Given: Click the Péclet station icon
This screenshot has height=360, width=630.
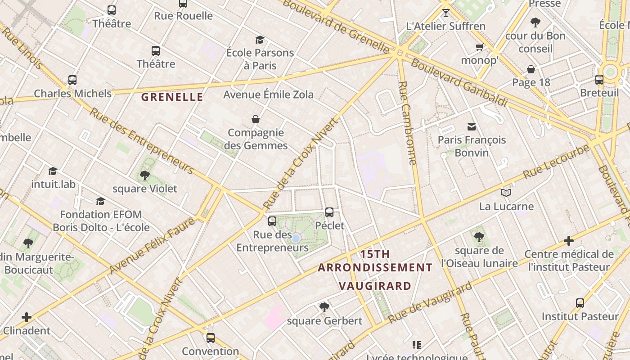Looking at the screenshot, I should click(329, 212).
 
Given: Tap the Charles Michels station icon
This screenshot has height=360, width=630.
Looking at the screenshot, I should click(72, 80).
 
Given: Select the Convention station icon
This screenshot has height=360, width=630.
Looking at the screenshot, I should click(211, 337).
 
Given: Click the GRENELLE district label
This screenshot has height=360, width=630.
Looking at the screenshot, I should click(172, 97).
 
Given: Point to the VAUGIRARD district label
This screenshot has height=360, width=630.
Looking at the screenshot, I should click(375, 286).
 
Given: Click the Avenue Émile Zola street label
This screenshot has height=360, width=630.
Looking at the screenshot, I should click(268, 94).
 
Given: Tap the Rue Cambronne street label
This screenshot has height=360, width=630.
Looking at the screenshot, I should click(407, 123).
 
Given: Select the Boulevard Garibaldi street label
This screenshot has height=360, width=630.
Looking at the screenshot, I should click(459, 83).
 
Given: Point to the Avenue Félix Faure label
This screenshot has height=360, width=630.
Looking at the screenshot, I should click(153, 245).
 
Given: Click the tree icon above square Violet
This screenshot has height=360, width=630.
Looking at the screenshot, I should click(144, 175).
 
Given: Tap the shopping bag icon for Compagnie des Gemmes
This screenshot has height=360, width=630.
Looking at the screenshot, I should click(256, 119).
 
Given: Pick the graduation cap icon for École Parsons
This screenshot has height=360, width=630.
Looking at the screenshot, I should click(260, 40).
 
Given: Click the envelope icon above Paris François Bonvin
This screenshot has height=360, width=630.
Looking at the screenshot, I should click(472, 127).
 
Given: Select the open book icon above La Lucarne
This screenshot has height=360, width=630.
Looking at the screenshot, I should click(506, 193).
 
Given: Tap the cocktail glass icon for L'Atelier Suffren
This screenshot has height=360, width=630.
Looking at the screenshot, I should click(445, 13).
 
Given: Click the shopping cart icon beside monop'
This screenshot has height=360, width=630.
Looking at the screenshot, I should click(480, 47).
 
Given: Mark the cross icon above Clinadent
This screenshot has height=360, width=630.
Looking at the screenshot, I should click(27, 317).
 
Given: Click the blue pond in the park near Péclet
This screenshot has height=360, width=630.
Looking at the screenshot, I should click(296, 238).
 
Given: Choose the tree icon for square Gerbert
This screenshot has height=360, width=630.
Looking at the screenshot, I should click(324, 307).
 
